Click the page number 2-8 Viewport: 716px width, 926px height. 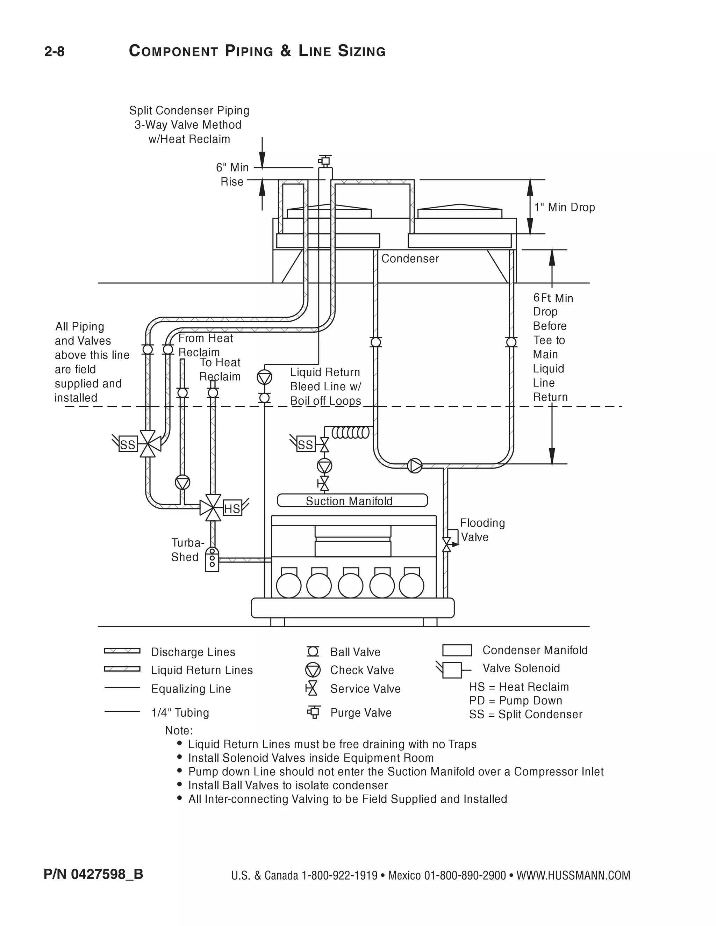click(x=54, y=52)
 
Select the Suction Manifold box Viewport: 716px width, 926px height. click(x=352, y=500)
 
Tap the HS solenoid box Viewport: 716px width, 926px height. click(x=232, y=508)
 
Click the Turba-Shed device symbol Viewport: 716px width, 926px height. click(x=212, y=559)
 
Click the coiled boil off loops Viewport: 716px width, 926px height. click(x=350, y=433)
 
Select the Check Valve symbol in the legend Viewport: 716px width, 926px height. click(x=313, y=670)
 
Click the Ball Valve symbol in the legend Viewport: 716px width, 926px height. click(x=313, y=652)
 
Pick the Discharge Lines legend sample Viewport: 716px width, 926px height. click(x=122, y=651)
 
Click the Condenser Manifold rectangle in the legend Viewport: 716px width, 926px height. click(x=457, y=650)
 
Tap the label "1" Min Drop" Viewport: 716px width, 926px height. click(x=564, y=207)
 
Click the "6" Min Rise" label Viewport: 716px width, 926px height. click(x=232, y=174)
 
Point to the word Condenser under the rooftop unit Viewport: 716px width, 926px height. click(x=410, y=259)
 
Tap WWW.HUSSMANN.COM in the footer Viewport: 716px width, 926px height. click(x=573, y=876)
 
